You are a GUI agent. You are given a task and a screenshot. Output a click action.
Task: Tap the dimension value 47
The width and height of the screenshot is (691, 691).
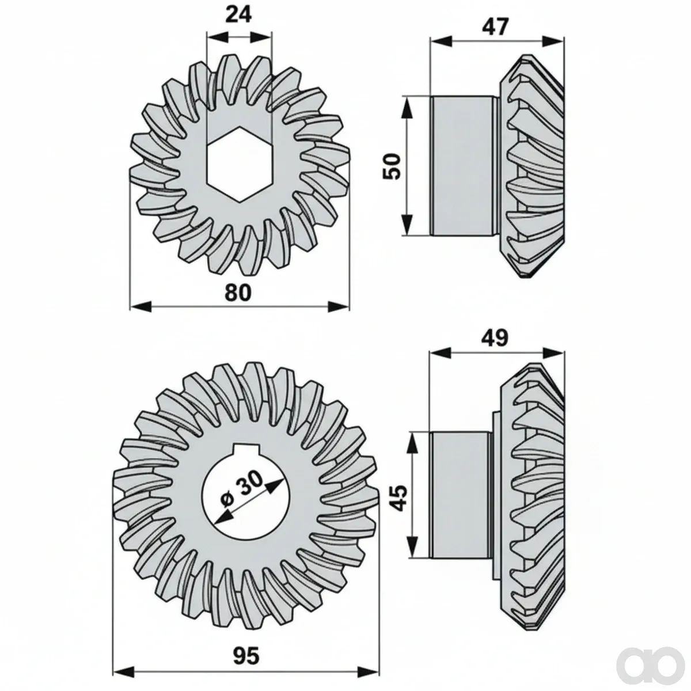[495, 26]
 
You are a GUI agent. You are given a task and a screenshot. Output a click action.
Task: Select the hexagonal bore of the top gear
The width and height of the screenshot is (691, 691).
[240, 166]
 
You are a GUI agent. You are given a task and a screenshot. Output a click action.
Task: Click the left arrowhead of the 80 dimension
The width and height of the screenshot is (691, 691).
[141, 306]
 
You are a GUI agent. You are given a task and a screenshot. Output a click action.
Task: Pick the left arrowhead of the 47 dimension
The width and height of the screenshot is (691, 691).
[441, 41]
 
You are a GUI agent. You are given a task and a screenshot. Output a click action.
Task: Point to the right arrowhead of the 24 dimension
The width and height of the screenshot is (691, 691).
[261, 37]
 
